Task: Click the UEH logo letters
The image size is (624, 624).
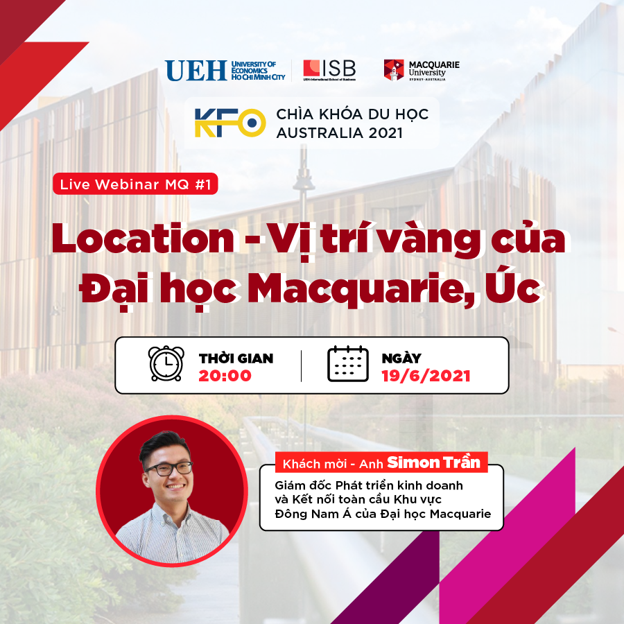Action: [x=196, y=71]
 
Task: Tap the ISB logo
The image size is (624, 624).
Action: [x=329, y=70]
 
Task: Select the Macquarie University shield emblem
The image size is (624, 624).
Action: [x=394, y=70]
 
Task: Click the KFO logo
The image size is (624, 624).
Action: [x=230, y=123]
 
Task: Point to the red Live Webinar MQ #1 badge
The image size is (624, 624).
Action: [x=135, y=184]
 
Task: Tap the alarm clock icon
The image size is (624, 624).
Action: [x=166, y=364]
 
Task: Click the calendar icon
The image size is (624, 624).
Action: [x=348, y=364]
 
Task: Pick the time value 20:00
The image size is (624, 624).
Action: [x=225, y=376]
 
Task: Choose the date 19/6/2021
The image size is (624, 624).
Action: [x=426, y=376]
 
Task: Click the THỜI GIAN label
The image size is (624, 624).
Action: [x=236, y=358]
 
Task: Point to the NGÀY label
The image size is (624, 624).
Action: [x=401, y=358]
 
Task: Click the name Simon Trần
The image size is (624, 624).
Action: [x=434, y=462]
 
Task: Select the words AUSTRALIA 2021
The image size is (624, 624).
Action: [x=340, y=133]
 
